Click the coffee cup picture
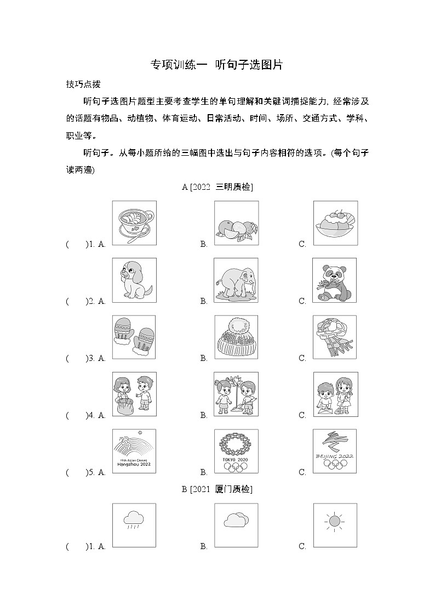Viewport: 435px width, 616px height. click(134, 223)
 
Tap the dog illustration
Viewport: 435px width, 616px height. click(134, 280)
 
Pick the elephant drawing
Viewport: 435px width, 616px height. click(236, 280)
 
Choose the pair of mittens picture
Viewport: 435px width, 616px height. click(134, 337)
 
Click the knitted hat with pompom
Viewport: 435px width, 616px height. click(236, 337)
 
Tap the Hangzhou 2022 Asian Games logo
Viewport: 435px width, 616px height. click(134, 451)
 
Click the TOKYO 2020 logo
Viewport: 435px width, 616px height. click(236, 451)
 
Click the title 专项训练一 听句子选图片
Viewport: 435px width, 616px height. click(217, 65)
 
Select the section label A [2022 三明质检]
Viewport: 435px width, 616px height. click(217, 187)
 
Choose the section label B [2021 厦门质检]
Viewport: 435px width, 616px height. click(217, 489)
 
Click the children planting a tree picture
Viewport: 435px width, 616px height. click(236, 394)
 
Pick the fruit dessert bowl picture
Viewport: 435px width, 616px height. click(335, 223)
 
